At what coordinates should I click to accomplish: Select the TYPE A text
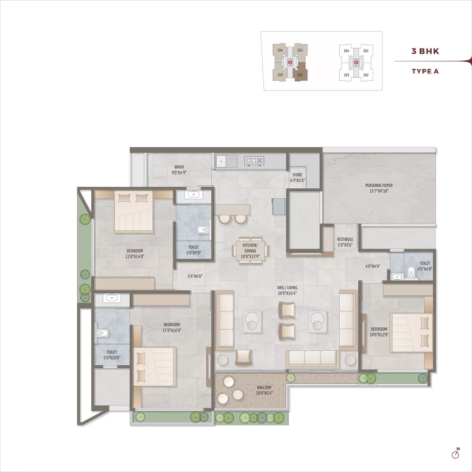tap(425, 71)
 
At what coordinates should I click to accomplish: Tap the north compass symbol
tap(456, 454)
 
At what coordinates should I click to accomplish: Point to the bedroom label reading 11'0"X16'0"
tap(172, 327)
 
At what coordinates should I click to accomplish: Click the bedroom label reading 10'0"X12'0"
tap(378, 332)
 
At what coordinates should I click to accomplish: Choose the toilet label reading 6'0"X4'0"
tap(424, 266)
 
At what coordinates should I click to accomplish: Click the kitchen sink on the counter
tap(225, 161)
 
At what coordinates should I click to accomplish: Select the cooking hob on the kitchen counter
tap(254, 161)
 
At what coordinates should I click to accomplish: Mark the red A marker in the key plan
tap(289, 62)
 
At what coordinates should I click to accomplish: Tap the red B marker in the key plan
tap(356, 62)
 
